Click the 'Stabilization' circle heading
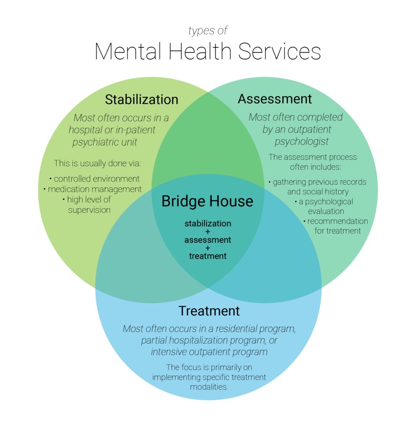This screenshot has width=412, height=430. (x=142, y=100)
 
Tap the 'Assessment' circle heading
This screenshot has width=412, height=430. (x=275, y=99)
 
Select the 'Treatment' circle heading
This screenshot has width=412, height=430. (x=209, y=311)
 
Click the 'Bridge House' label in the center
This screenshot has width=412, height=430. (x=207, y=201)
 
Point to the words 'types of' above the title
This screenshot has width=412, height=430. (x=208, y=31)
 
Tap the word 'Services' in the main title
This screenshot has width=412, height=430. (x=279, y=51)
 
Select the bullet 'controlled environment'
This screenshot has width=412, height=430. (x=94, y=178)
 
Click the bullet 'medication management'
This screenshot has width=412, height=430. (x=93, y=189)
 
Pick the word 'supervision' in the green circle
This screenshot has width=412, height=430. (x=89, y=210)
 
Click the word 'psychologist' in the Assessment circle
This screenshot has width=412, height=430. (x=302, y=142)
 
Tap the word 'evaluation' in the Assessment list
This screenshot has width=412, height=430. (x=326, y=211)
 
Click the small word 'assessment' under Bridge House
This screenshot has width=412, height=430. (x=207, y=240)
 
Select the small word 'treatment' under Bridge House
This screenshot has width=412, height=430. (x=207, y=256)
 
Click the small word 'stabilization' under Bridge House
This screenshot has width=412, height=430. (x=207, y=223)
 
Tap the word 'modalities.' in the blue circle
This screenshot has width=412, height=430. (x=209, y=386)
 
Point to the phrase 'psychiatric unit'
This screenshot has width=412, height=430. (x=105, y=142)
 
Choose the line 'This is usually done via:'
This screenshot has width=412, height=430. (x=97, y=163)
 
